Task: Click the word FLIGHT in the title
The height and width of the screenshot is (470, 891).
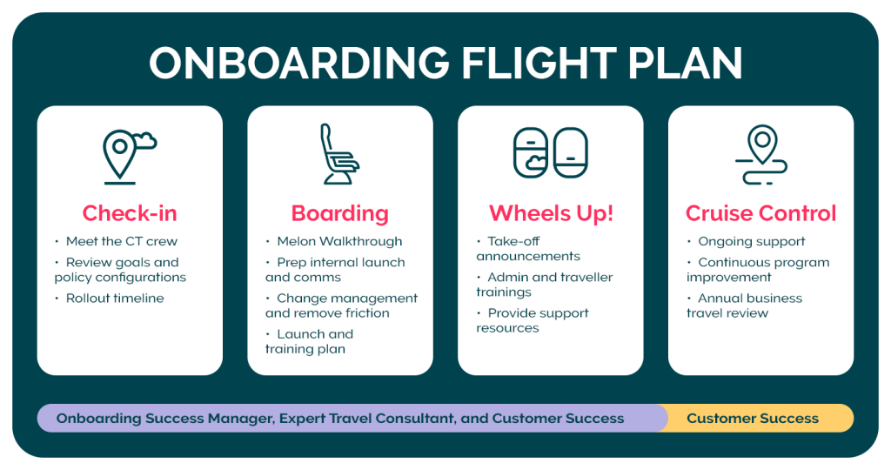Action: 539,63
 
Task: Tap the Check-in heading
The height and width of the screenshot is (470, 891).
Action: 130,213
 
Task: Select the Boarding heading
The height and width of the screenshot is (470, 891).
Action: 340,213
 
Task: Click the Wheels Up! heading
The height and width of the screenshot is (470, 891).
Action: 551,213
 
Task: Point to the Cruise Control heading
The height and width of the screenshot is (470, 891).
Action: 760,213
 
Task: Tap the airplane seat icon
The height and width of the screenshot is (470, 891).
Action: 339,154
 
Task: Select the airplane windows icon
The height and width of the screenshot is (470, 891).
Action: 551,153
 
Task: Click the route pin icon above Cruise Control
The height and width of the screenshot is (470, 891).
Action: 761,155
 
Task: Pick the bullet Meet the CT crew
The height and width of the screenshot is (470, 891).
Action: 116,242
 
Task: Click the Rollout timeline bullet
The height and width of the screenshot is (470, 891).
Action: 109,299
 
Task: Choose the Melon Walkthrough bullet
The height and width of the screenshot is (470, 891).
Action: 333,242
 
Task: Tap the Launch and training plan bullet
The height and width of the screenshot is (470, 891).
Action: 309,341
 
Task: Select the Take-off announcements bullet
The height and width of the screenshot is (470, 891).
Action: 528,249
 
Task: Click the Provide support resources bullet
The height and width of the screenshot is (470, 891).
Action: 533,320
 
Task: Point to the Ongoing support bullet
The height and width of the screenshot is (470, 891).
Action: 746,242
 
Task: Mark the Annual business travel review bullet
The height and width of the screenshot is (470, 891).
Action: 745,305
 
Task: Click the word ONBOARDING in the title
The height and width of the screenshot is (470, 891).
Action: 299,63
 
